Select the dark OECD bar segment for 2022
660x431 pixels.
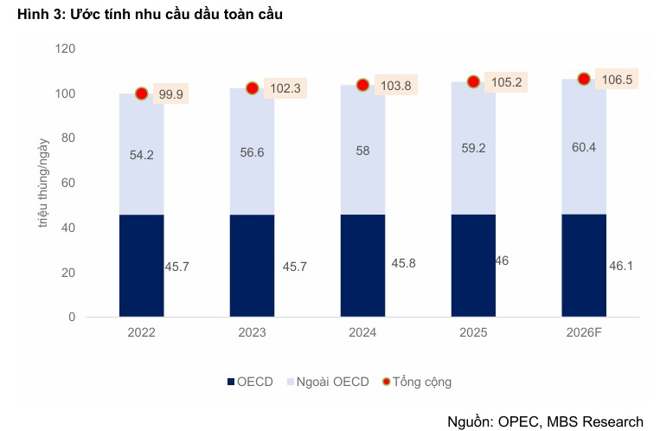(x=141, y=266)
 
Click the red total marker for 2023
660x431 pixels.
(x=253, y=88)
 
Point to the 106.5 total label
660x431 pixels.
(x=616, y=80)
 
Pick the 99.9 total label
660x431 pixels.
(x=170, y=94)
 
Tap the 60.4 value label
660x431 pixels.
(x=584, y=147)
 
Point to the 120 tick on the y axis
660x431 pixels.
(x=66, y=48)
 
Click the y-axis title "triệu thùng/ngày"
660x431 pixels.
(x=42, y=183)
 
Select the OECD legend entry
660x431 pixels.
(x=250, y=381)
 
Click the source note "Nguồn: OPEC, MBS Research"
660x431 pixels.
(x=545, y=421)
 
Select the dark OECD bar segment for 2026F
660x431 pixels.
(x=584, y=266)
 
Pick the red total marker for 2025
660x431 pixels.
(x=473, y=82)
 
